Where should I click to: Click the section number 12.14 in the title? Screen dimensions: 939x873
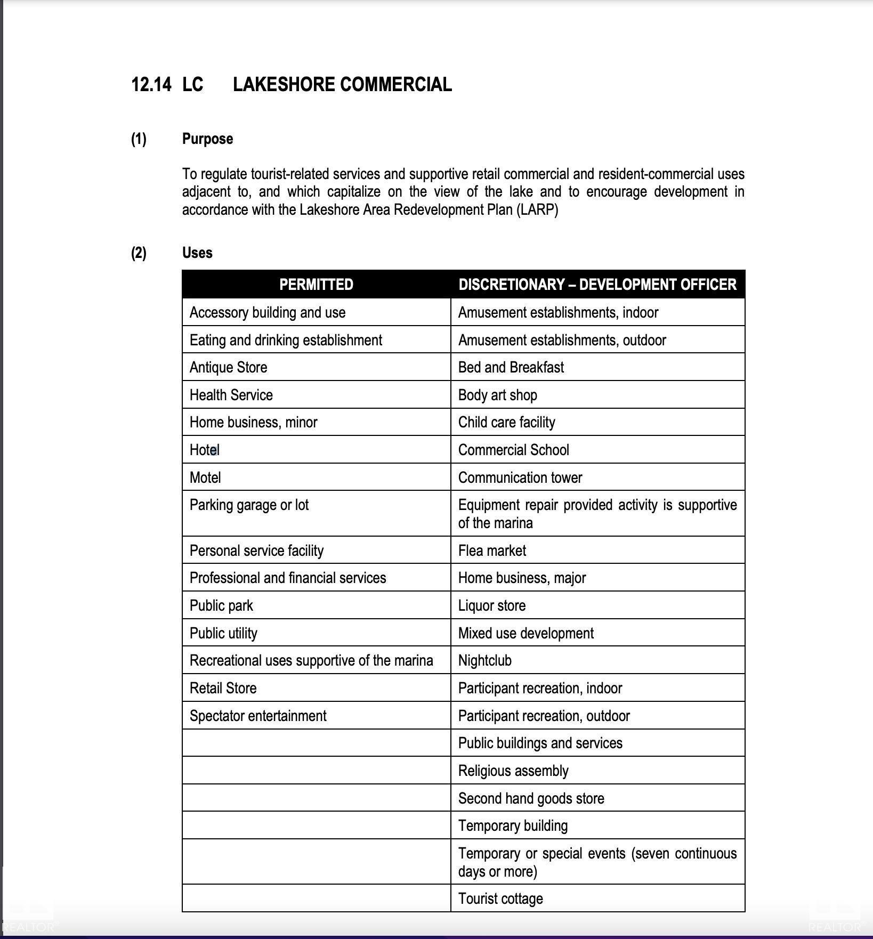[x=151, y=85]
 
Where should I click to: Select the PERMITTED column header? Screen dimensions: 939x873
[x=316, y=285]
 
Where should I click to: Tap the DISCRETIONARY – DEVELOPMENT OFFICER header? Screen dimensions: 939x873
[x=597, y=285]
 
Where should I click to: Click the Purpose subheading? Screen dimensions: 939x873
[x=207, y=139]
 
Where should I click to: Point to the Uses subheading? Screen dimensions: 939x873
[x=197, y=253]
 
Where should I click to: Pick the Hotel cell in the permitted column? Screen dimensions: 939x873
[x=205, y=450]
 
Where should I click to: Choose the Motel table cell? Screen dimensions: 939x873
[x=205, y=477]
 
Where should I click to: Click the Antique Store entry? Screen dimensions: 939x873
[x=228, y=368]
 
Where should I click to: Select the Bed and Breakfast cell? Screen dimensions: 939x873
[x=511, y=368]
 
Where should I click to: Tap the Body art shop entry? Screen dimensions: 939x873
[x=497, y=395]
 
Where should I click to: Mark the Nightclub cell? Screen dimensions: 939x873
[x=484, y=661]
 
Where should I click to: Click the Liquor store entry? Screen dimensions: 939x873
[x=491, y=606]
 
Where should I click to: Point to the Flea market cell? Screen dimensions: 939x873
[x=492, y=551]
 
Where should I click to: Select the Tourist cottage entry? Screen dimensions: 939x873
[x=500, y=899]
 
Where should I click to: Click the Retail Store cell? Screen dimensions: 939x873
[x=223, y=689]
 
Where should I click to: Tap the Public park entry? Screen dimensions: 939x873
[x=221, y=606]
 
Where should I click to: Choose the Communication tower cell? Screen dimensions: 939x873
[x=520, y=478]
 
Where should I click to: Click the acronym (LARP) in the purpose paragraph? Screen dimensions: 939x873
[x=537, y=210]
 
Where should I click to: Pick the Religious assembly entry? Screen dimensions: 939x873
[x=513, y=771]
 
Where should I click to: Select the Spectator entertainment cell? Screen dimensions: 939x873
[x=258, y=716]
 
